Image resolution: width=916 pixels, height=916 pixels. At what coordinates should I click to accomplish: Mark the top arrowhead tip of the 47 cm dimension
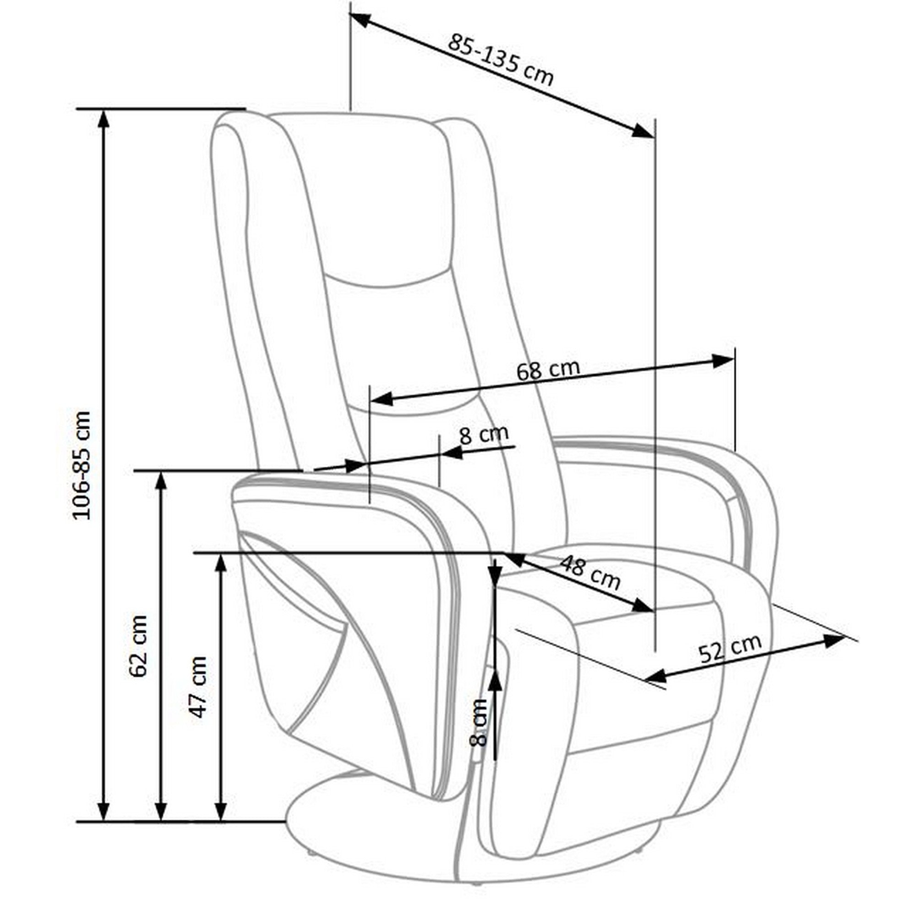point(220,555)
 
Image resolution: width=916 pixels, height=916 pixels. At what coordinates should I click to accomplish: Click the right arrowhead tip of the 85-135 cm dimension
point(654,137)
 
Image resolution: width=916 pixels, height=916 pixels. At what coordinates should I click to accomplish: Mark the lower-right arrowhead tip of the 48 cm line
point(654,611)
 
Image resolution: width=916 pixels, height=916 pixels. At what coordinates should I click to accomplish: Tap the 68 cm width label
point(548,370)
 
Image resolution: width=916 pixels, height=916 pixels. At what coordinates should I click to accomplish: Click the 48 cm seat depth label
point(590,573)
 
